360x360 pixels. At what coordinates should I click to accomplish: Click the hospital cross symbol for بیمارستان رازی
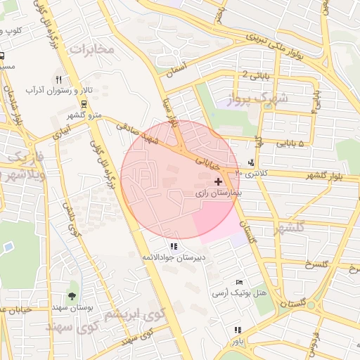(218, 181)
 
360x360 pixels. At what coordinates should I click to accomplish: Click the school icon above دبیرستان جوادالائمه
(174, 246)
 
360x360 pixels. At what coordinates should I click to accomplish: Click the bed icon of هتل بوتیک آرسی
(240, 281)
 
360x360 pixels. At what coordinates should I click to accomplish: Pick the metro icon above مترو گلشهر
(84, 103)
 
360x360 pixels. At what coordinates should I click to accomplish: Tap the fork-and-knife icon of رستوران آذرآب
(59, 79)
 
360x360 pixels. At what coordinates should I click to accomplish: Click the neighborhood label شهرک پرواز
(259, 99)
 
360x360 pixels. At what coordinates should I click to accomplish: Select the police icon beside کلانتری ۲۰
(252, 162)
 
